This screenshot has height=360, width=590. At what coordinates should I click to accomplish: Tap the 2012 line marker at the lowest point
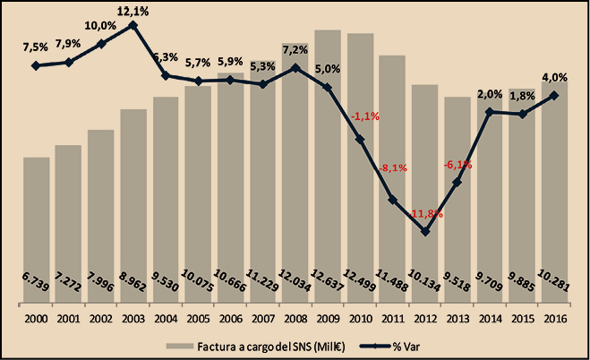tap(425, 232)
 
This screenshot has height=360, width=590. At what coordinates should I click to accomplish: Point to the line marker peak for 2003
tap(133, 25)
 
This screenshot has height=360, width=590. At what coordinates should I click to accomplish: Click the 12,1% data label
tap(133, 10)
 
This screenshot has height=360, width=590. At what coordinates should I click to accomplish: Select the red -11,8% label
tap(425, 214)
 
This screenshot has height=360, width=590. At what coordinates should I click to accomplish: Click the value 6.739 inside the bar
tap(36, 285)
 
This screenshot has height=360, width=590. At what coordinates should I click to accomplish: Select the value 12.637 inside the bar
tap(328, 285)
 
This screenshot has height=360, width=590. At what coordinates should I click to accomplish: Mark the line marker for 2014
tap(490, 112)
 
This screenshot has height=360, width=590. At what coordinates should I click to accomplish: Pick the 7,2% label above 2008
tap(295, 49)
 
